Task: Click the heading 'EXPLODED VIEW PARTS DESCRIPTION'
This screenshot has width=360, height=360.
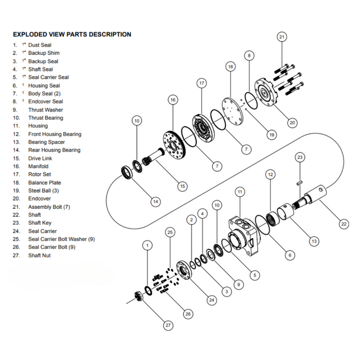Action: point(71,34)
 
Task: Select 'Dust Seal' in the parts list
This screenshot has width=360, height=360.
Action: point(40,45)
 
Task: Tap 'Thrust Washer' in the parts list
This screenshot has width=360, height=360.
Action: point(46,110)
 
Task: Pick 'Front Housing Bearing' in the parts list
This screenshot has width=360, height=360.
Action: point(55,134)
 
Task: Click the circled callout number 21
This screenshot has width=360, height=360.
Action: point(281,37)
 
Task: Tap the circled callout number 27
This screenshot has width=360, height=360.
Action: point(169,325)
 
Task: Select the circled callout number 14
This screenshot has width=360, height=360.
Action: point(155,202)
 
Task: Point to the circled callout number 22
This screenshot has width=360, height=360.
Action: point(344,224)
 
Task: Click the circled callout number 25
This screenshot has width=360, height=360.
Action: point(171,232)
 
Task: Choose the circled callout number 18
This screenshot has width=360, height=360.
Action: point(230,67)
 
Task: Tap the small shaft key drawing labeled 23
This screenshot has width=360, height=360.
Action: point(299,181)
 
